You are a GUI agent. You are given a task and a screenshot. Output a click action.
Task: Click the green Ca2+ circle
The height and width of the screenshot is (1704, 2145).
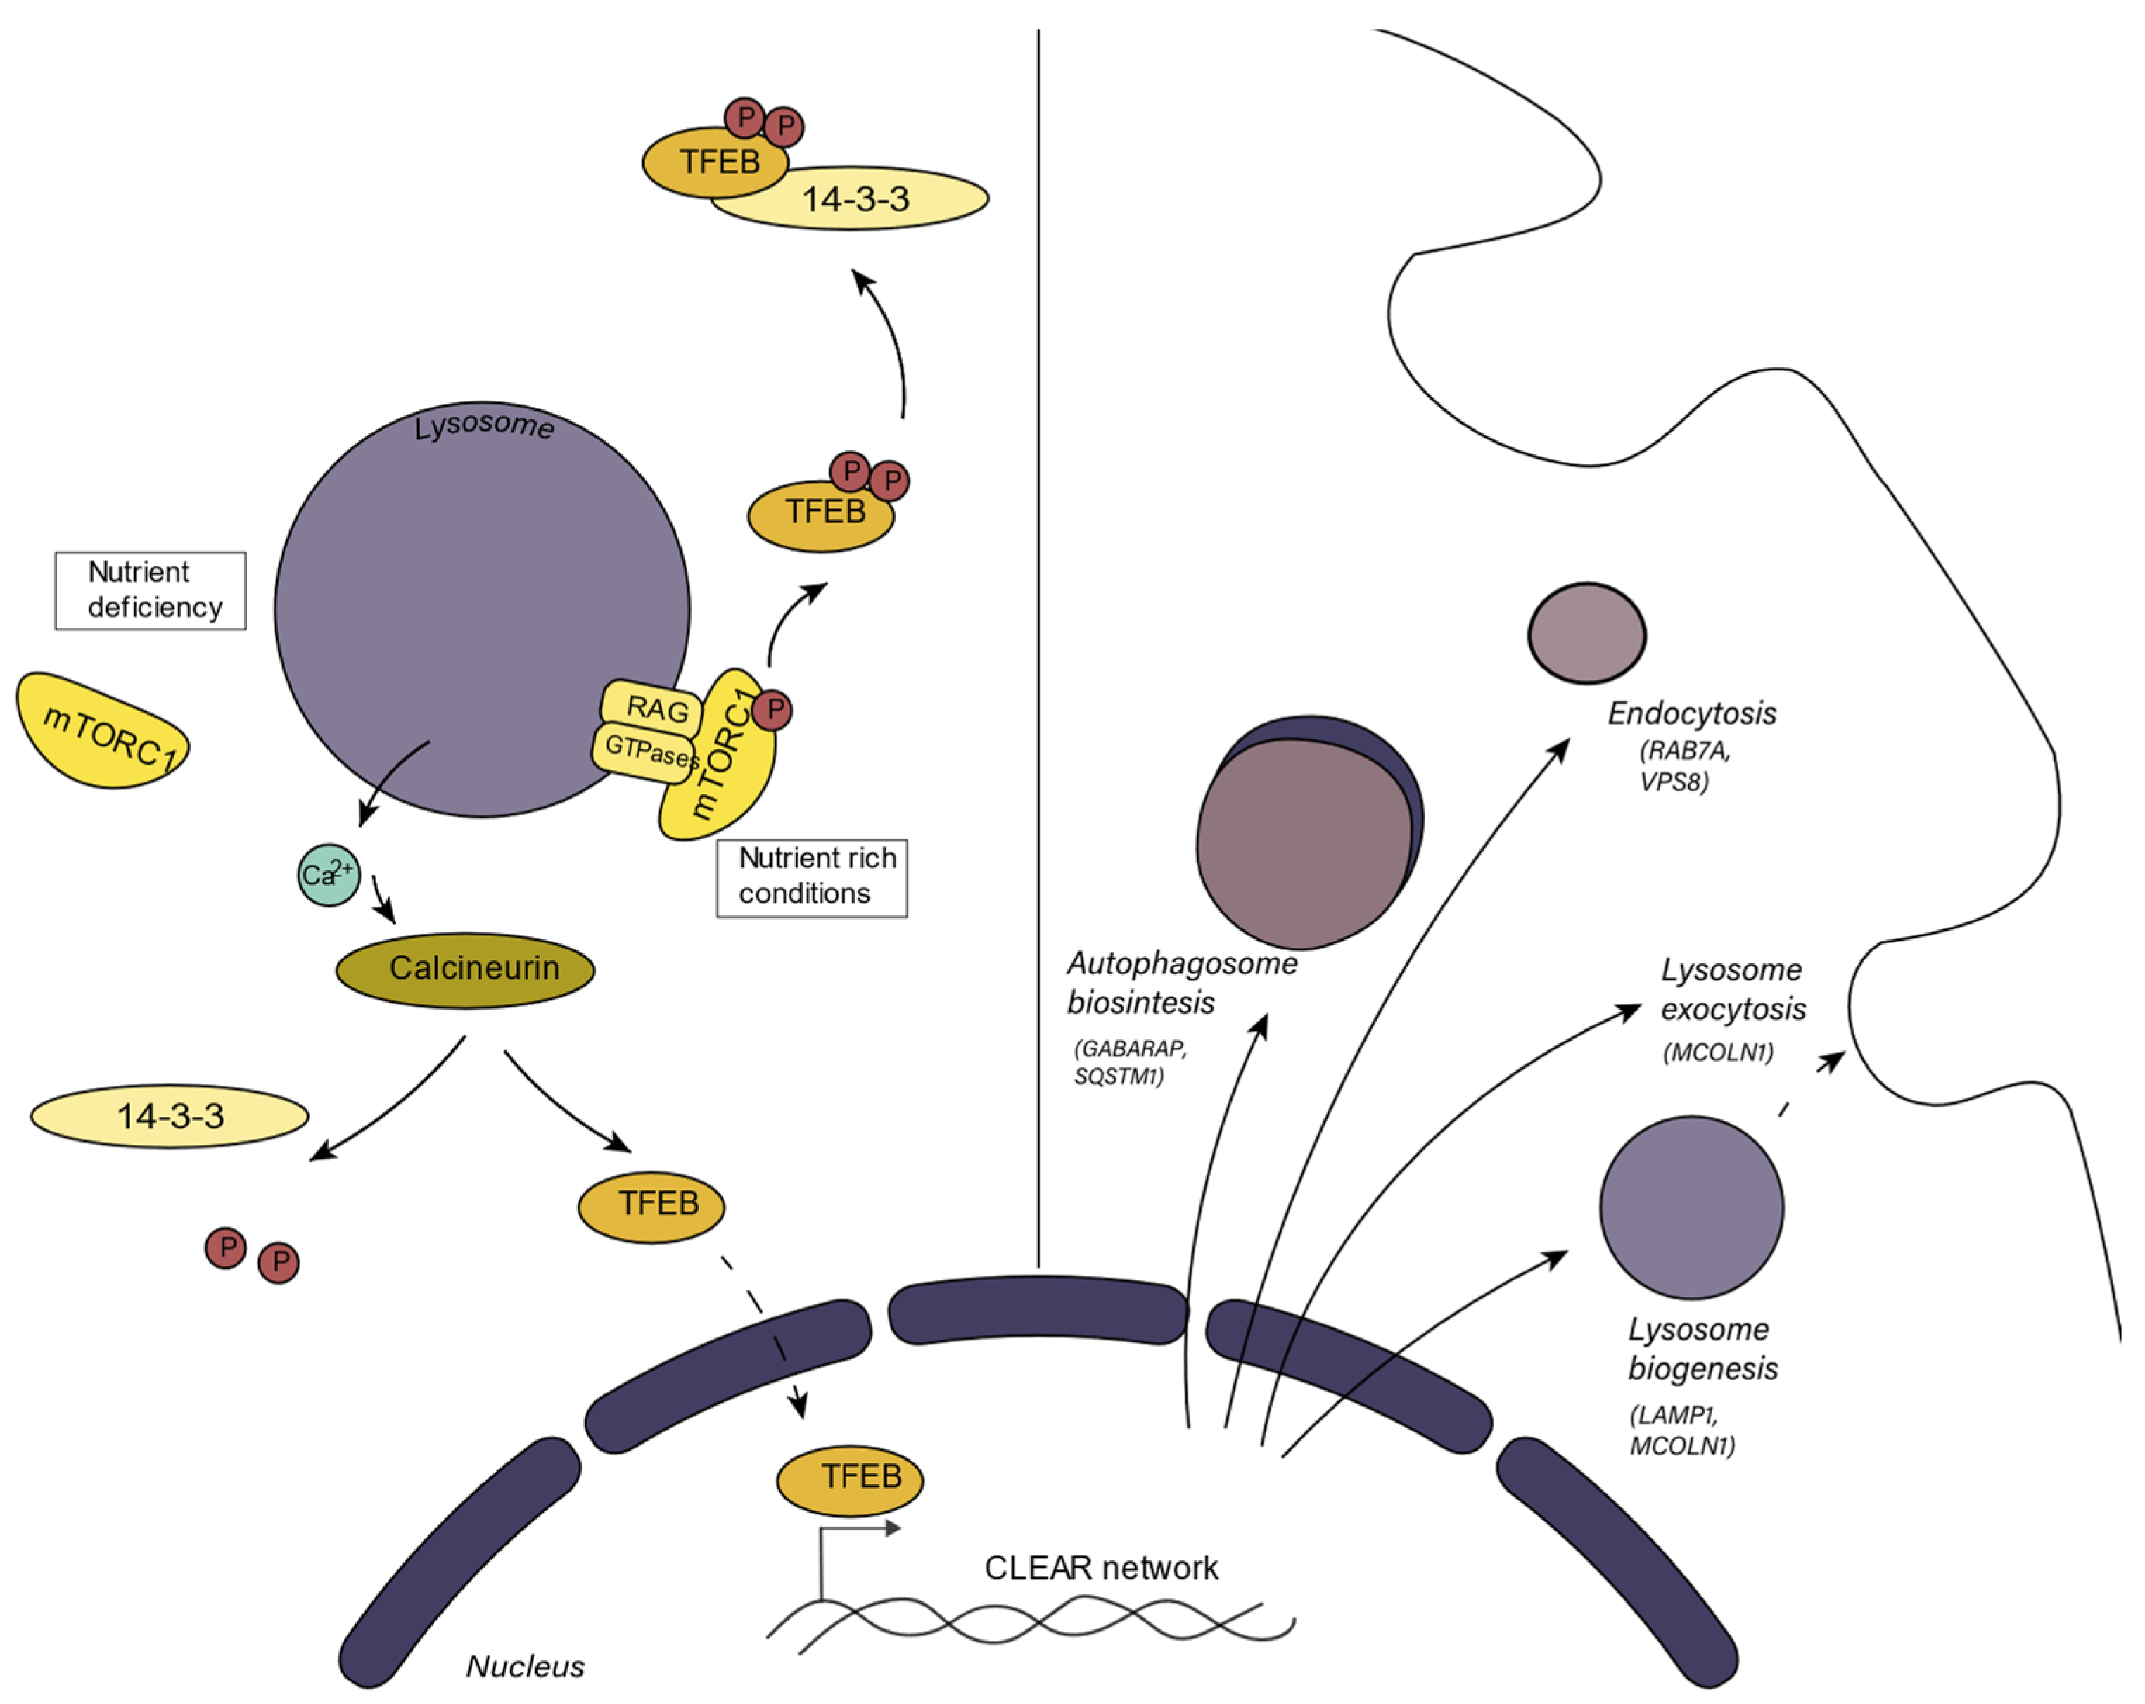[329, 875]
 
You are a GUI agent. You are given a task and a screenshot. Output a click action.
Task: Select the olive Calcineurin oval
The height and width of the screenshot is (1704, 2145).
[466, 970]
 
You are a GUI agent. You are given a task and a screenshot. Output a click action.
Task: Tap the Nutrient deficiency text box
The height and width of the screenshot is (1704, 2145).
[151, 591]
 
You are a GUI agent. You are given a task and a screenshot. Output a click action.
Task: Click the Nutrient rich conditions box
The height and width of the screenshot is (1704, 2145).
[812, 877]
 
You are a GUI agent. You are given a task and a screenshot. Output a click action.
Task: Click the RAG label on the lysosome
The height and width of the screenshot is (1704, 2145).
[655, 709]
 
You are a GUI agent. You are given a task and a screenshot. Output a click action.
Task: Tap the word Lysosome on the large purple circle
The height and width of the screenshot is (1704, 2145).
[483, 426]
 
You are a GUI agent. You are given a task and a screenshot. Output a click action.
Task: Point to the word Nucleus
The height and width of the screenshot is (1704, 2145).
[526, 1666]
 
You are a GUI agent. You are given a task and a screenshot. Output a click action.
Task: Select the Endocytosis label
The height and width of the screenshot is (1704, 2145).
[1691, 713]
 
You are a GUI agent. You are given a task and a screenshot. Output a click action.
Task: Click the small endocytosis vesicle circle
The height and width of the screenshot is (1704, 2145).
[1587, 634]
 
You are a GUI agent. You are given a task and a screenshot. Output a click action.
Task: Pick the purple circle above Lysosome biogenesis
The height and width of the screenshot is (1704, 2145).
[1691, 1207]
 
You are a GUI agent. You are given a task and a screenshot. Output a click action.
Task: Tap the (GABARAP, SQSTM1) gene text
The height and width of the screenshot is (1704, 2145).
[1128, 1062]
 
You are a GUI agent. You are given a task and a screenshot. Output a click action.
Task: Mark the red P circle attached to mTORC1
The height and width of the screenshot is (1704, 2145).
[772, 711]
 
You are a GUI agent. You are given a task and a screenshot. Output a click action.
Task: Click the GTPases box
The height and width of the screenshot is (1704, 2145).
[647, 749]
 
